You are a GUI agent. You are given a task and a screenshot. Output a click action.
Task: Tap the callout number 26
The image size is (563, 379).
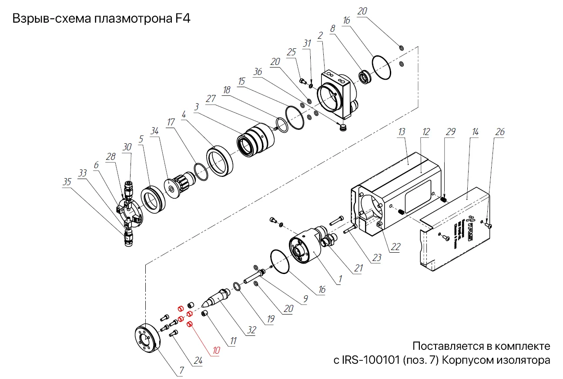coord(500,132)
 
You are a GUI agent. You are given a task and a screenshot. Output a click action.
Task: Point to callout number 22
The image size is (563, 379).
coord(395,247)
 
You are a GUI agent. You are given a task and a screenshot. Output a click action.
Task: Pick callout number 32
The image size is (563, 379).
coord(251,330)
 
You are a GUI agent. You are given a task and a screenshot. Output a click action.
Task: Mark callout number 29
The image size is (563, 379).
coord(451,132)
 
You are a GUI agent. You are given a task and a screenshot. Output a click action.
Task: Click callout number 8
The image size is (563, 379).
coord(332,29)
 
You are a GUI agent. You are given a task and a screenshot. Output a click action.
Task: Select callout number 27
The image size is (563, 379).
coord(211,99)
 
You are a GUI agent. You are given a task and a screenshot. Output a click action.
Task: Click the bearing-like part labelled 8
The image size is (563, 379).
coord(365,77)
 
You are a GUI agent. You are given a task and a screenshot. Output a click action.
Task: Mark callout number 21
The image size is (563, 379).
coord(358,269)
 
